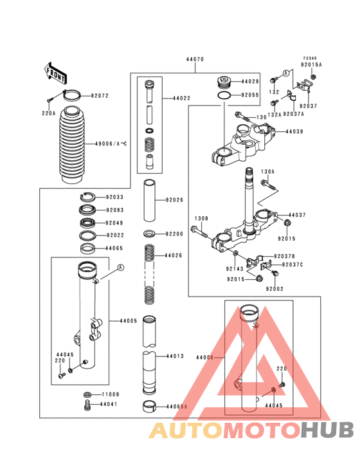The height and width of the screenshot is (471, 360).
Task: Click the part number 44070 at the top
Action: pos(195,59)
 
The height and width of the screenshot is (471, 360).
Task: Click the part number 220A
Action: pos(50,113)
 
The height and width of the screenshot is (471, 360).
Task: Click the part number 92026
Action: pos(174,200)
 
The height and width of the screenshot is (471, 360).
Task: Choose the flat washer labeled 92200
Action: pos(149,233)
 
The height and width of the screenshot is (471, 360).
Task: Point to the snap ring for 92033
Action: pos(88,198)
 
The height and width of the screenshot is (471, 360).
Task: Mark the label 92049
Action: pos(115,223)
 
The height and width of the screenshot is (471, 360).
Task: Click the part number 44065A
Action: pos(177,407)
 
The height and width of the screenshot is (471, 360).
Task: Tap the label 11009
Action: pos(110,394)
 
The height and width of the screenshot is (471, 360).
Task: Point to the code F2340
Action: pos(311,58)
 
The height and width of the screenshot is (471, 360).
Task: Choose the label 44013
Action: pos(175,356)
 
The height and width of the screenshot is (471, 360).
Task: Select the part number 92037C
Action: pos(292,264)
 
